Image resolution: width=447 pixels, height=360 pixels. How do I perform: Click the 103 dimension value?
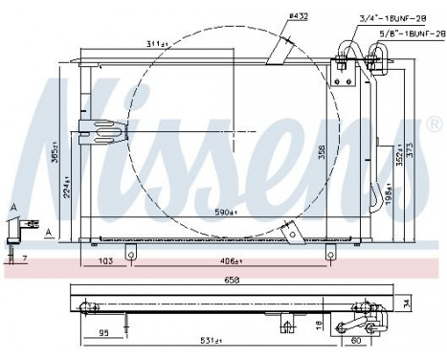[107, 260]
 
